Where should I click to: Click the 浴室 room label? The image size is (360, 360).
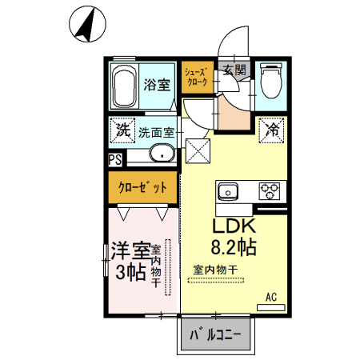155,85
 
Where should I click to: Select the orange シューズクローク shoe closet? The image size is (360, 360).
196,77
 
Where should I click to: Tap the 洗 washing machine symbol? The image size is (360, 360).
122,129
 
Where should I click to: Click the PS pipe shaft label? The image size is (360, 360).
115,159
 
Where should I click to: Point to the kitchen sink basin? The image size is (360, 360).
227,191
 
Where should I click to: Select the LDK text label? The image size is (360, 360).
233,227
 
